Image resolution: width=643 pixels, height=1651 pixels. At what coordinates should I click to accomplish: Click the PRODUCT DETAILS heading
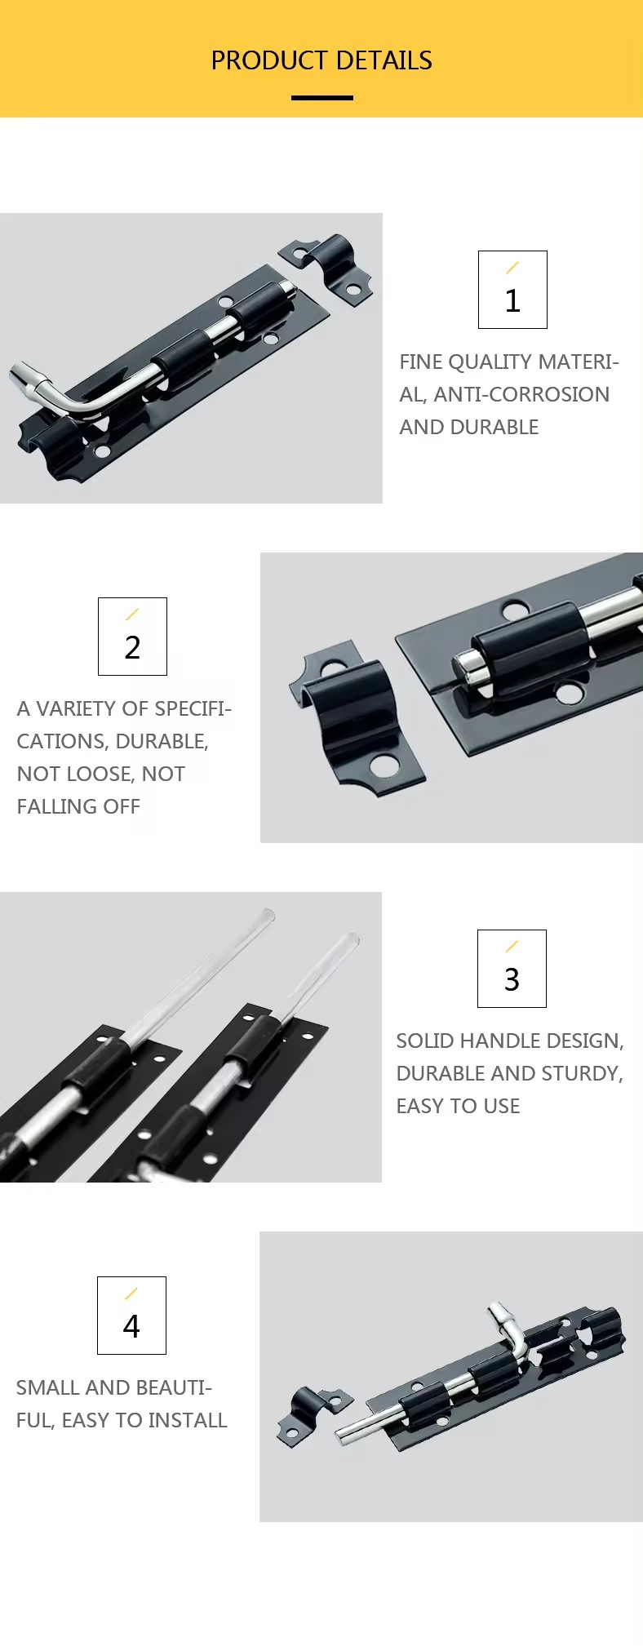(321, 60)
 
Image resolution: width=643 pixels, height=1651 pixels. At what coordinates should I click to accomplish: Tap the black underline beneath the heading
(322, 98)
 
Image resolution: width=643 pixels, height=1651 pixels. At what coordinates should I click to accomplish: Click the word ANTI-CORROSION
(521, 394)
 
